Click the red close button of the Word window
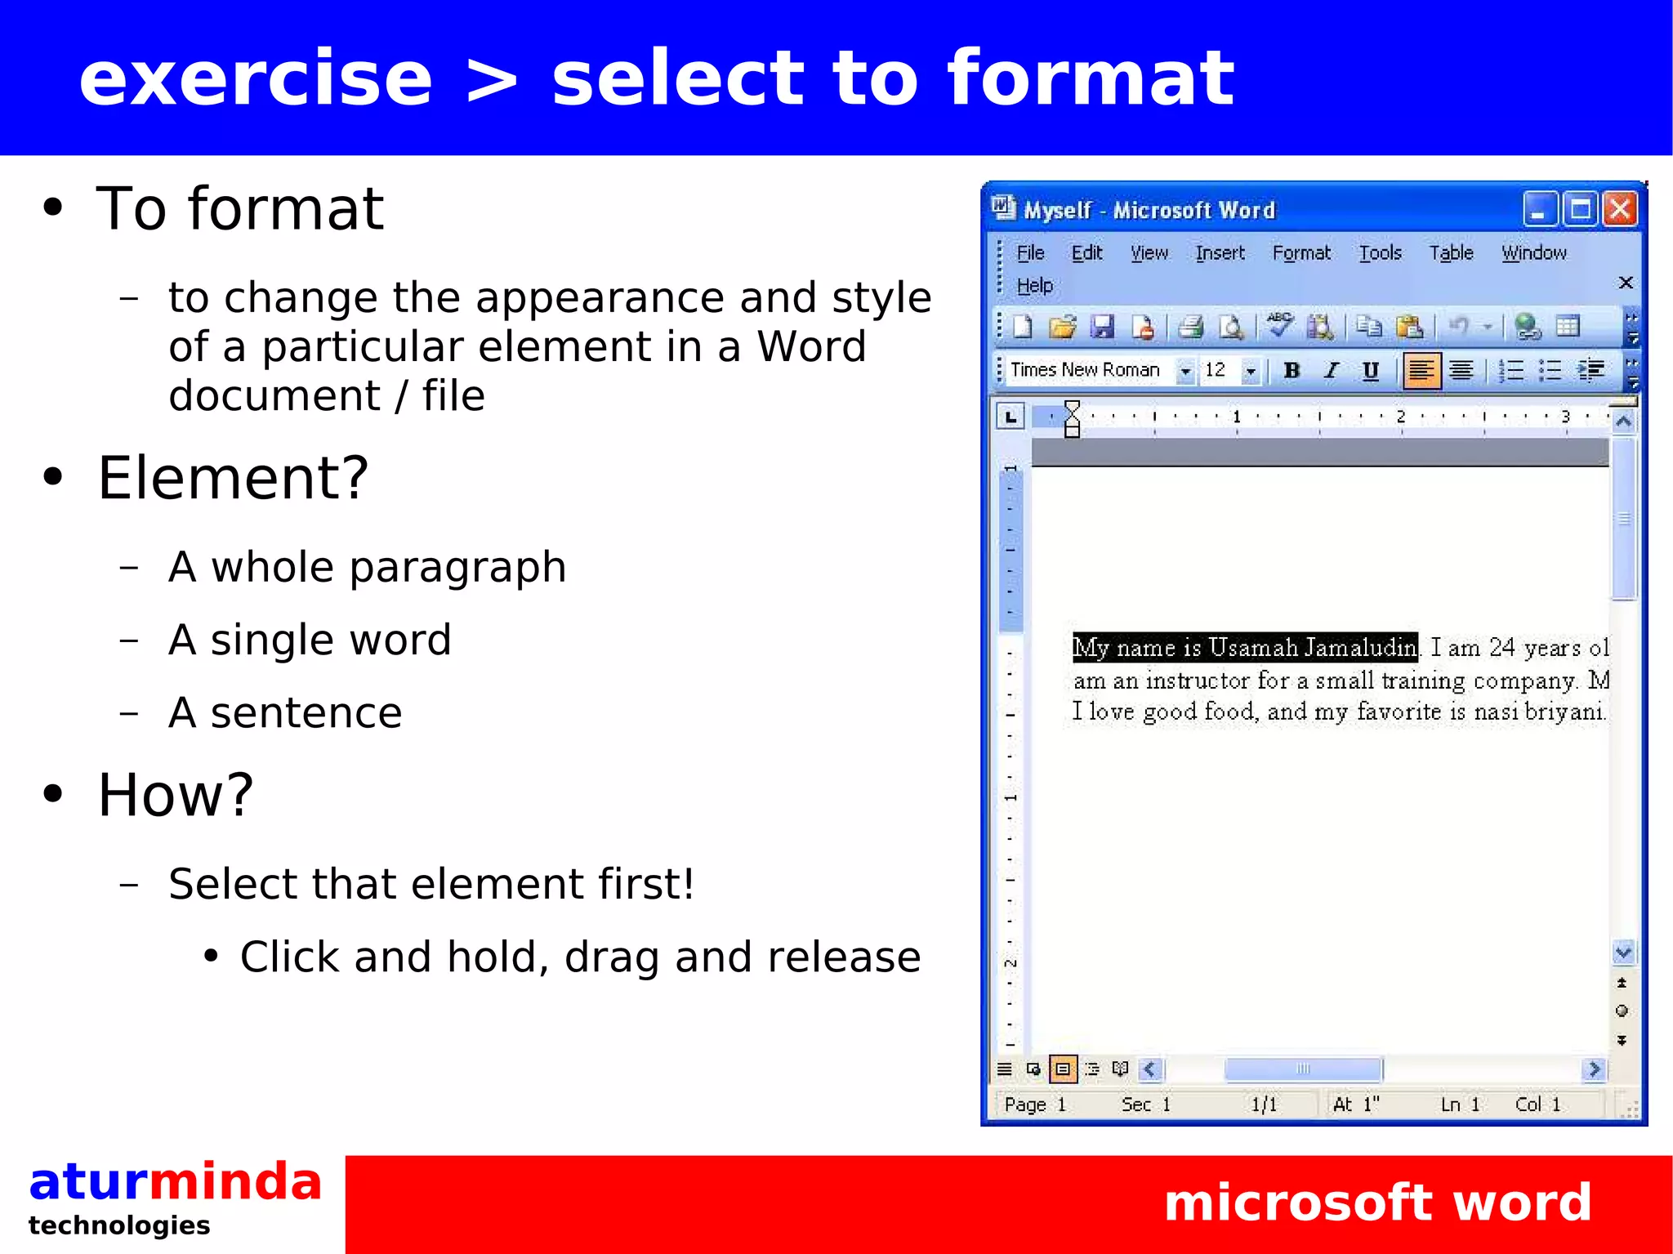pyautogui.click(x=1620, y=210)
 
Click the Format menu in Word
pyautogui.click(x=1301, y=253)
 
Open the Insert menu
pyautogui.click(x=1220, y=253)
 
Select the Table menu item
pyautogui.click(x=1451, y=253)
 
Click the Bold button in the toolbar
pyautogui.click(x=1292, y=371)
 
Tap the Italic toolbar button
pyautogui.click(x=1332, y=371)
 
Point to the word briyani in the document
pyautogui.click(x=1564, y=712)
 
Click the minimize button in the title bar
pyautogui.click(x=1539, y=210)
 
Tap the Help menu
pyautogui.click(x=1034, y=286)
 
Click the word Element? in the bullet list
pyautogui.click(x=234, y=478)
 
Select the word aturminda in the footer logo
pyautogui.click(x=176, y=1182)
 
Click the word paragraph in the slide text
pyautogui.click(x=457, y=567)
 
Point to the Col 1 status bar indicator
pyautogui.click(x=1537, y=1105)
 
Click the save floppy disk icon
pyautogui.click(x=1103, y=327)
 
